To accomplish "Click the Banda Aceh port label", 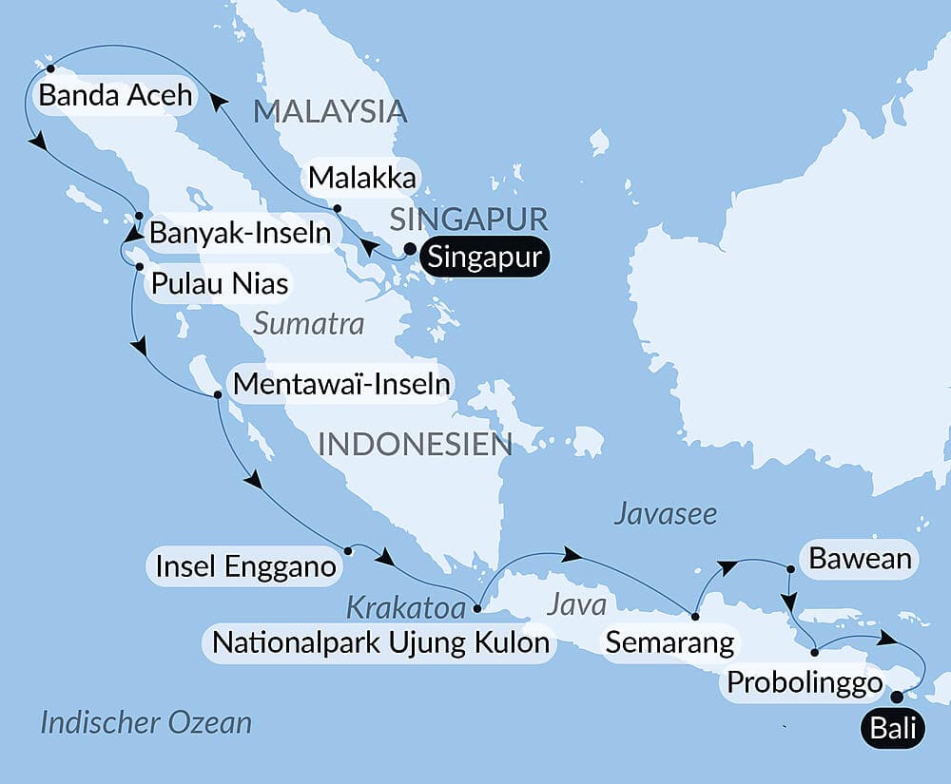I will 113,96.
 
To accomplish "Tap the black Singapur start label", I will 485,258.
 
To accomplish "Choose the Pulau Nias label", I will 215,283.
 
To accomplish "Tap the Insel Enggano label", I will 243,567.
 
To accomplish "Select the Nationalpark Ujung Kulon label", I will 380,642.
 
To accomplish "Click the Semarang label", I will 670,642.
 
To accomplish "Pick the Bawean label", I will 860,559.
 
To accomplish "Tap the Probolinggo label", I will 804,682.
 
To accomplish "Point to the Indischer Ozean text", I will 146,722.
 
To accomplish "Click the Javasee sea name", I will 665,514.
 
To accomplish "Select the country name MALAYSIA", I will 329,112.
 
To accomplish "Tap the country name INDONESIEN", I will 415,444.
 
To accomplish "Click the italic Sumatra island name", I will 308,324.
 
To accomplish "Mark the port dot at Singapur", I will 410,251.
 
